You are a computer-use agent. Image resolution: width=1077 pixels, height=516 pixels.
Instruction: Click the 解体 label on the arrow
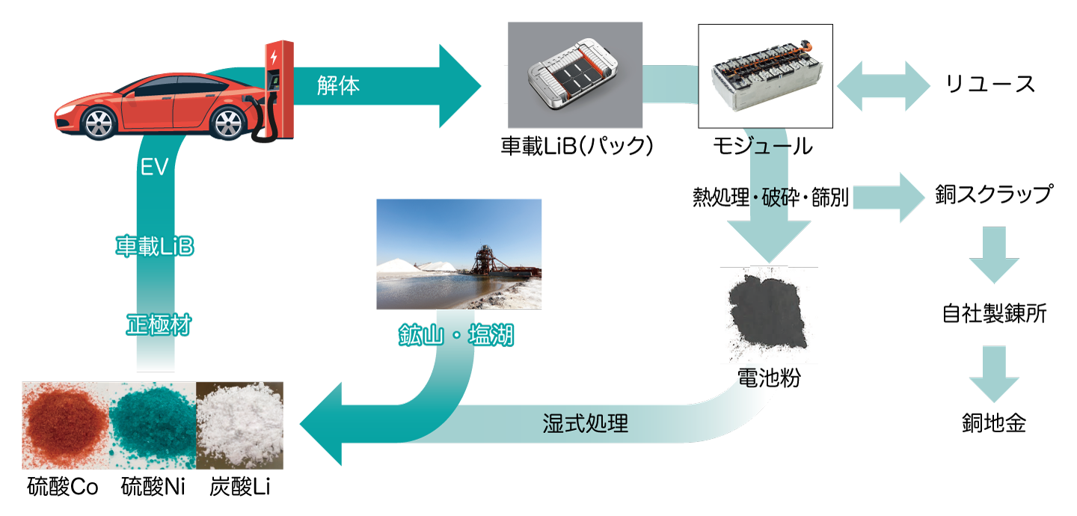(x=338, y=86)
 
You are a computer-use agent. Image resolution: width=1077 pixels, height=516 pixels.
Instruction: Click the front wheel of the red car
(x=99, y=123)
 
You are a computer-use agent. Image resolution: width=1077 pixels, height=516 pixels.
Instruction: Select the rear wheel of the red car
(x=228, y=123)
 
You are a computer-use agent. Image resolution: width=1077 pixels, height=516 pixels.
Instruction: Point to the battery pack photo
(x=575, y=75)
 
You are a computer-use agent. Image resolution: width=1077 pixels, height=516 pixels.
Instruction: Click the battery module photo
(x=765, y=76)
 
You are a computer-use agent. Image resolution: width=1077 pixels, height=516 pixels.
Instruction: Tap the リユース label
(x=990, y=85)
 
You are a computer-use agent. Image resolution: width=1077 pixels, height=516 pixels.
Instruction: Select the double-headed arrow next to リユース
(x=884, y=86)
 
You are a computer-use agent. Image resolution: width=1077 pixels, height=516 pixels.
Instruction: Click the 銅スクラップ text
(x=994, y=194)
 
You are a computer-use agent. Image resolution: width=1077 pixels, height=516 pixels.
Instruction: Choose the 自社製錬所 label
(x=994, y=313)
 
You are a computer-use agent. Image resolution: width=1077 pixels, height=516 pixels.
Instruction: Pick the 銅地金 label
(x=994, y=423)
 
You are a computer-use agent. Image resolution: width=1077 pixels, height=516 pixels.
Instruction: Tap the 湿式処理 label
(x=585, y=424)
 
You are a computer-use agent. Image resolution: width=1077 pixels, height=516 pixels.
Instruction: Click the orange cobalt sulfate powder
(x=66, y=425)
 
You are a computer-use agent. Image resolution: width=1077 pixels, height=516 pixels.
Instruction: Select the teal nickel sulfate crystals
(x=153, y=425)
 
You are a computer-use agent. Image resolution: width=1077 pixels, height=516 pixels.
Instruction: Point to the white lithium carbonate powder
(x=239, y=425)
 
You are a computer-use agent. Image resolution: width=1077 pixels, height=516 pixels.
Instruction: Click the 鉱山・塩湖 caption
(x=455, y=335)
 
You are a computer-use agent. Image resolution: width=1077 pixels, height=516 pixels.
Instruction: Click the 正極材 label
(x=159, y=325)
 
